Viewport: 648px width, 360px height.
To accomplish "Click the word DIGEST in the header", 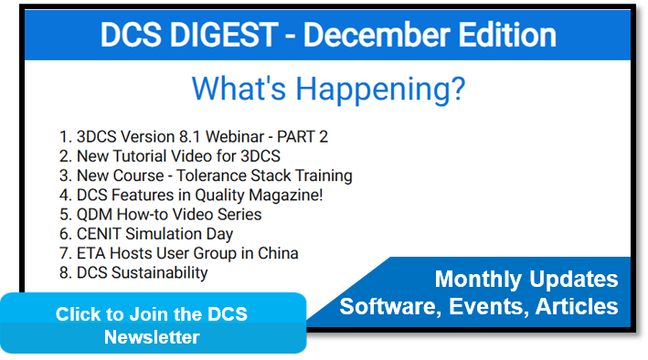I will point(228,36).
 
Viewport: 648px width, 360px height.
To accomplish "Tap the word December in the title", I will point(378,36).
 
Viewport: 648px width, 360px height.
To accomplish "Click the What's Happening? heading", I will point(328,90).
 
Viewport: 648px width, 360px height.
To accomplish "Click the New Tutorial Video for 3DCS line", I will point(170,156).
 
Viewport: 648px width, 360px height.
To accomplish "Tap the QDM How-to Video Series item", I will point(161,214).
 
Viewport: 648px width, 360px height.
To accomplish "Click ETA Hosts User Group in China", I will point(179,253).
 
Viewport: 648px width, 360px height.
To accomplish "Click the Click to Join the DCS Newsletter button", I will point(152,324).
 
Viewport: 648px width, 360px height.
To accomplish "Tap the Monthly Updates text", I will point(526,280).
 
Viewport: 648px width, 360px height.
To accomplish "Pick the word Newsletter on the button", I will point(152,337).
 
